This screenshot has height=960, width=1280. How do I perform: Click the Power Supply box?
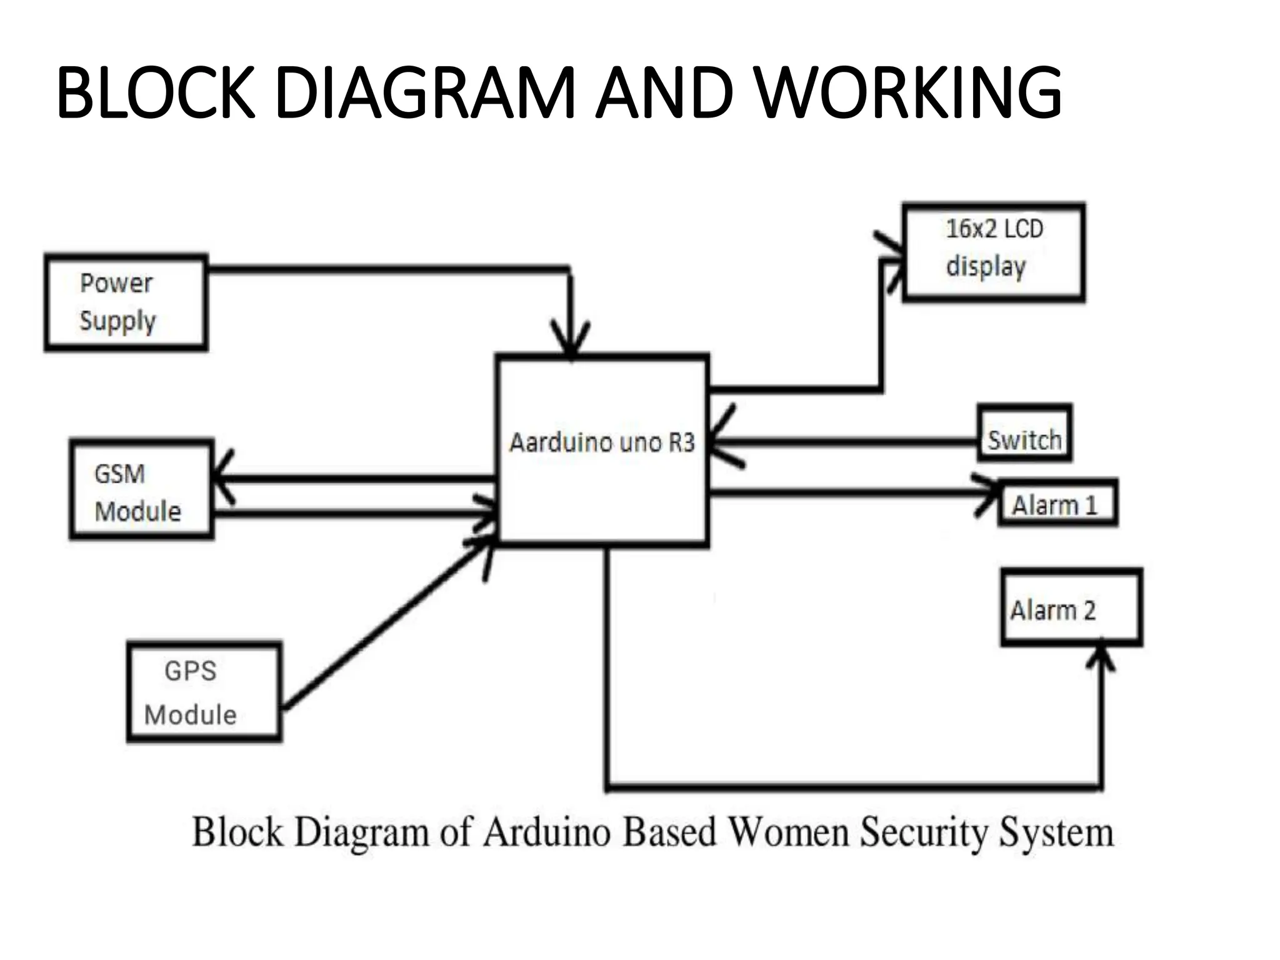[126, 302]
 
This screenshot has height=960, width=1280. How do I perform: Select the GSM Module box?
[142, 489]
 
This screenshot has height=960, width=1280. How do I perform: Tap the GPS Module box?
[204, 691]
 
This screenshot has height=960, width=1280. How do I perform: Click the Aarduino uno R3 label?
[602, 442]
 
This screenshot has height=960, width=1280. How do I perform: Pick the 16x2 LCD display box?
[993, 252]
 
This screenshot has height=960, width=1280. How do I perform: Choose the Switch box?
[1024, 433]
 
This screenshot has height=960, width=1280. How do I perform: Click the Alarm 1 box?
[1057, 503]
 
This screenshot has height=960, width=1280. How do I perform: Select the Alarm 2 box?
[1071, 607]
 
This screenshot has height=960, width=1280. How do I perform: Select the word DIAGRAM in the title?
[424, 92]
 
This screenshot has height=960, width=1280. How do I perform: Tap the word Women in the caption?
[789, 832]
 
